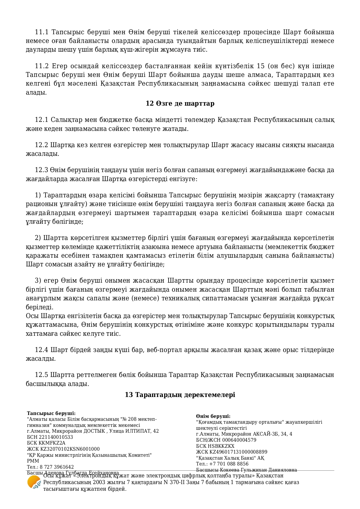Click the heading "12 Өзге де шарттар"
coord(180,104)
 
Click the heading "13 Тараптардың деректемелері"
coord(180,395)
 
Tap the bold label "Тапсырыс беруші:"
coord(51,413)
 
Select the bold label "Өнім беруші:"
coord(213,416)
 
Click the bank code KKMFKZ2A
coord(52,443)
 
